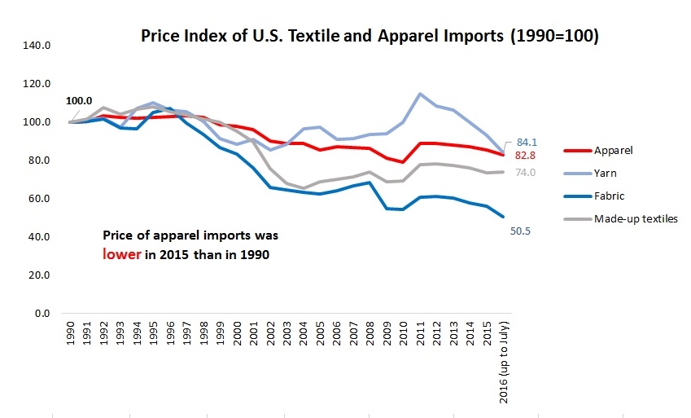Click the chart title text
click(x=370, y=37)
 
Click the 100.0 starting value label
click(x=79, y=102)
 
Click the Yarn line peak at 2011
click(x=420, y=94)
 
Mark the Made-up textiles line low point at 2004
click(x=304, y=188)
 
